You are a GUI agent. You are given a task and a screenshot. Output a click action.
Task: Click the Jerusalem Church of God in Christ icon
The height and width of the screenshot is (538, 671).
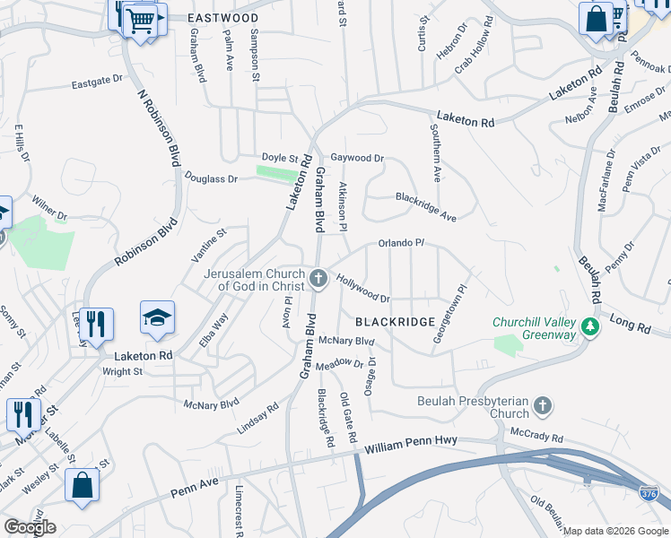[318, 281]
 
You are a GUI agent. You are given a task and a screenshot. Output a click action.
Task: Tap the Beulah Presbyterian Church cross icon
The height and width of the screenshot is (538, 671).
[542, 407]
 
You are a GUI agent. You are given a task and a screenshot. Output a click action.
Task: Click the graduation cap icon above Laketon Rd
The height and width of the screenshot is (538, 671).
[157, 318]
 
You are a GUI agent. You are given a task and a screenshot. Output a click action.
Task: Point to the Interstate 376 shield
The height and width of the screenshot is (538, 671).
[648, 493]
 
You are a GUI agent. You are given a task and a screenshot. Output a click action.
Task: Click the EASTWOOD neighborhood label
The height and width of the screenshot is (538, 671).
[223, 18]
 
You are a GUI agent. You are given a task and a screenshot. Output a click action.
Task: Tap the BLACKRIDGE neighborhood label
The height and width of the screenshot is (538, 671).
[395, 321]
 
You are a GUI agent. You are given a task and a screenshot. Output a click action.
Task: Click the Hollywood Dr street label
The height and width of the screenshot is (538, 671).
[363, 288]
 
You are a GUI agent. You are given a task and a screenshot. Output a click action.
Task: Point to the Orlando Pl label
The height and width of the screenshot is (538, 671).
[400, 243]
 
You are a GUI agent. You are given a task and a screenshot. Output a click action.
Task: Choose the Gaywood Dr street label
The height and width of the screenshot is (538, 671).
[357, 158]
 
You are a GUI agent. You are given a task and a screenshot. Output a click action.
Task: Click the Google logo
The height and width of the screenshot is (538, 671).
[30, 527]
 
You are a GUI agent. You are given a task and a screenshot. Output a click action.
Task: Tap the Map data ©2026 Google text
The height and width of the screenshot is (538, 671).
[614, 531]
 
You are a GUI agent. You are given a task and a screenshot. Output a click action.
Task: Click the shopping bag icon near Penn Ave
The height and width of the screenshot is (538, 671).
[82, 485]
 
